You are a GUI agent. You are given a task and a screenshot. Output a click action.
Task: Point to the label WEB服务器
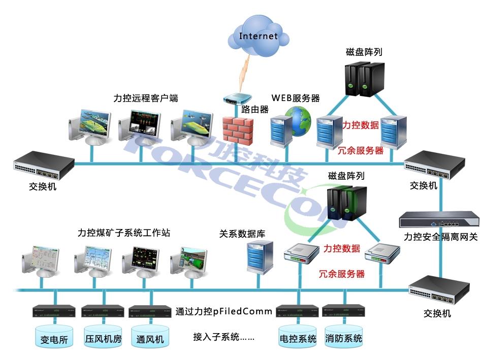pyautogui.click(x=296, y=97)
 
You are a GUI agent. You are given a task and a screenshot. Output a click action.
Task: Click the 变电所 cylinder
pyautogui.click(x=54, y=336)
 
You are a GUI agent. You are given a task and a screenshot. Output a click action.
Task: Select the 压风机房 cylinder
pyautogui.click(x=103, y=336)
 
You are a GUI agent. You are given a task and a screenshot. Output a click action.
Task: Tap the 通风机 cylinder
pyautogui.click(x=150, y=336)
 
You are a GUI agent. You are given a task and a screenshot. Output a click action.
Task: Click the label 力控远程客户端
pyautogui.click(x=146, y=99)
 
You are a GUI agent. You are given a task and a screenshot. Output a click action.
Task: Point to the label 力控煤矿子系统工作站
pyautogui.click(x=124, y=233)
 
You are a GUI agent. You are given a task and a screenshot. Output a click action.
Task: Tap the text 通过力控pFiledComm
pyautogui.click(x=224, y=311)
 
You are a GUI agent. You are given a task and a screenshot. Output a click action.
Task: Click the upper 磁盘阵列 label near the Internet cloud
pyautogui.click(x=364, y=52)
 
